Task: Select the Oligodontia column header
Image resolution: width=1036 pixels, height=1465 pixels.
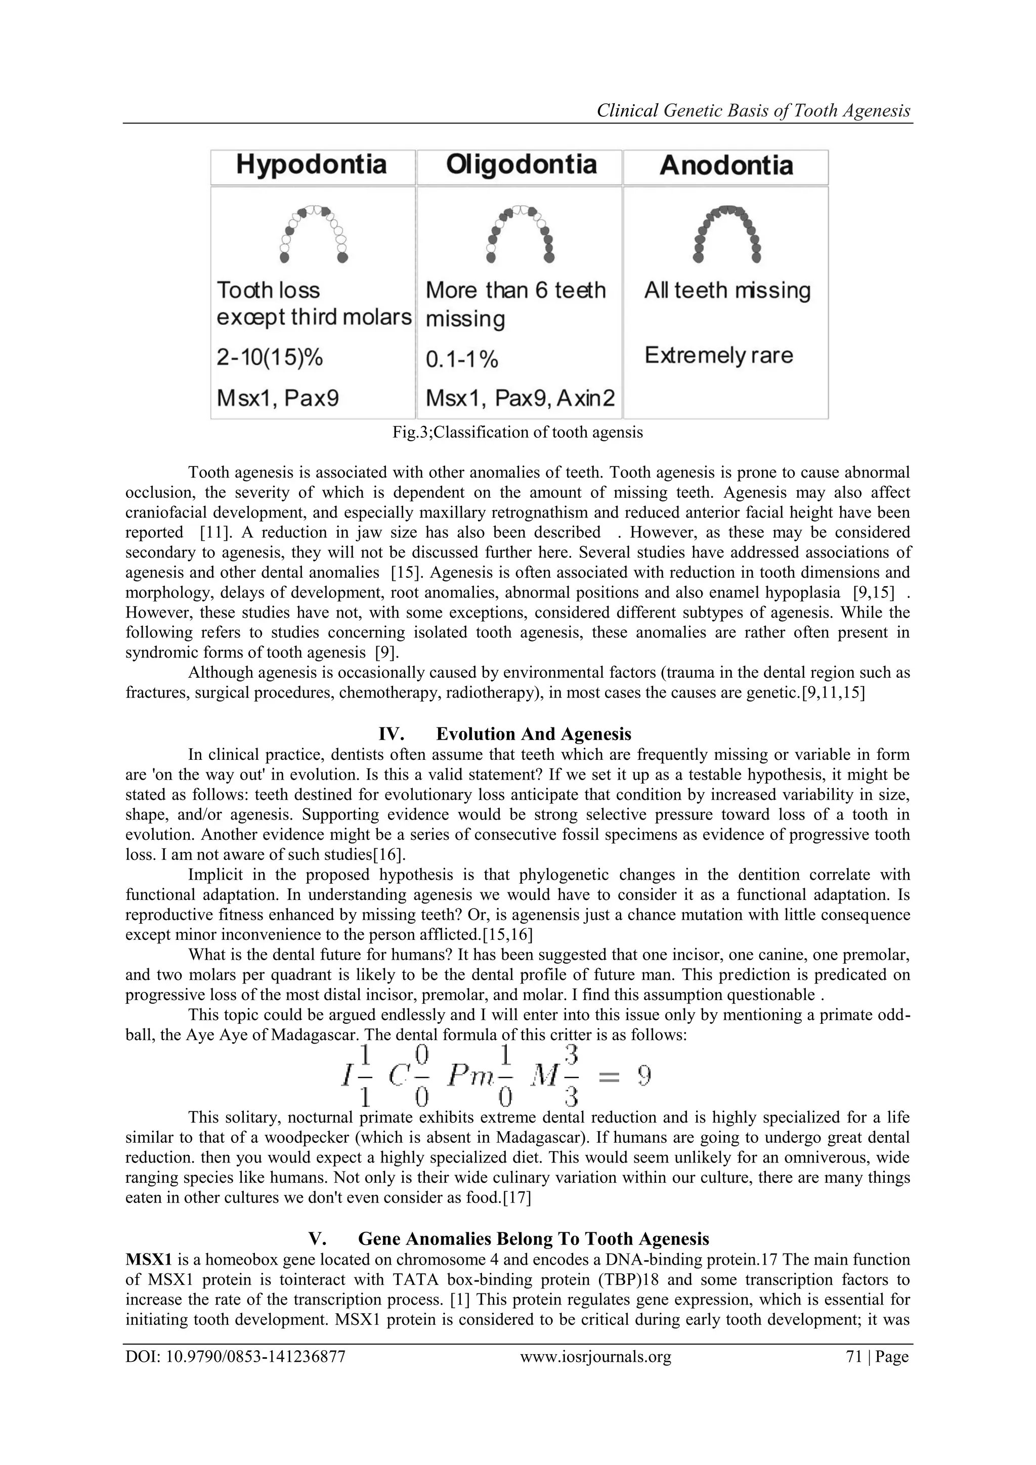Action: [521, 165]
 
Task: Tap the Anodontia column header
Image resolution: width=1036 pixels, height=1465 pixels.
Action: [726, 166]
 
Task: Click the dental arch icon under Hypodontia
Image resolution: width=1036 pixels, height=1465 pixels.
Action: [313, 234]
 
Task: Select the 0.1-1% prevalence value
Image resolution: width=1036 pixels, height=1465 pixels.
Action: [461, 360]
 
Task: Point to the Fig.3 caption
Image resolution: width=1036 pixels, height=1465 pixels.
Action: [517, 433]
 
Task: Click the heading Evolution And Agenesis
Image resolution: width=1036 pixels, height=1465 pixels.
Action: [533, 734]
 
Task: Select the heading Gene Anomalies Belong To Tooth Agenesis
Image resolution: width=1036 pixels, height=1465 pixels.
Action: [533, 1238]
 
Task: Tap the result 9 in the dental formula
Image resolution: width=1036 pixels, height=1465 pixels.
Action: [644, 1076]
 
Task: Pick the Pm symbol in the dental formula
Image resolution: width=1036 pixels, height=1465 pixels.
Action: [469, 1077]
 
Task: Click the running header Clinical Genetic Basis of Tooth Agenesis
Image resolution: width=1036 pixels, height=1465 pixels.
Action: [753, 111]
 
